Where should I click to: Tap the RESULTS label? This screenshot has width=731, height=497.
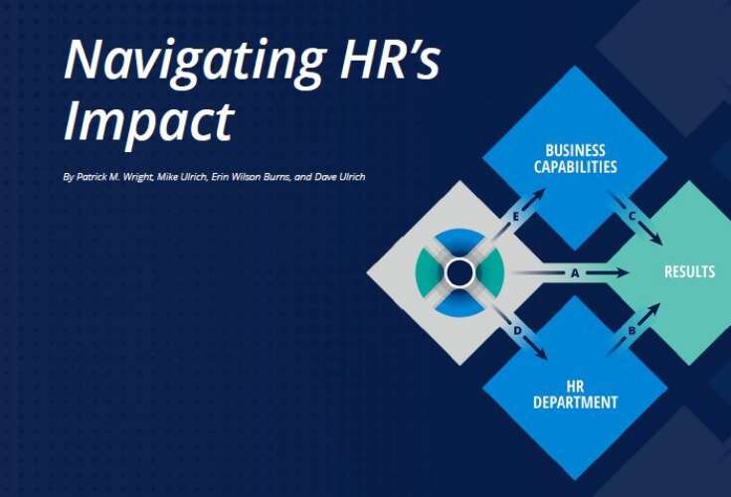coord(689,271)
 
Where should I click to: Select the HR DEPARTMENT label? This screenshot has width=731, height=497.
coord(574,395)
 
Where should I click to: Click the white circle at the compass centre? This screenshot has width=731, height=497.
coord(459,271)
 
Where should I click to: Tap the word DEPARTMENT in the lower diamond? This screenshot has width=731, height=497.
coord(574,403)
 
